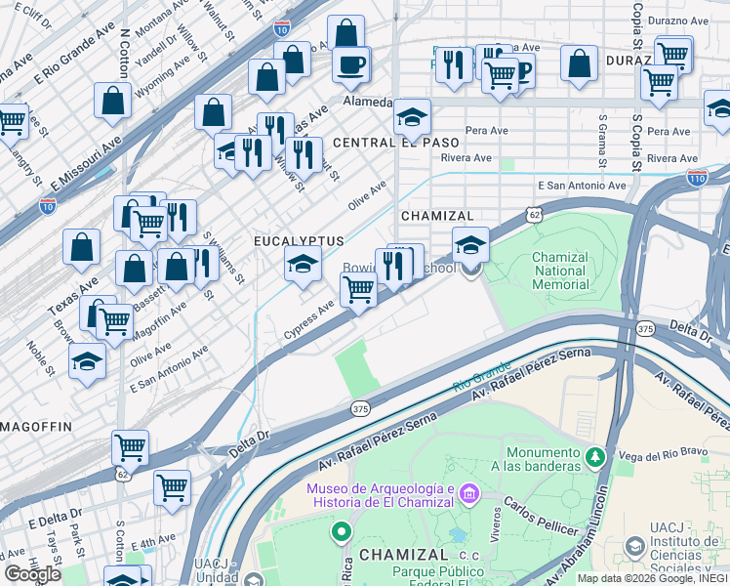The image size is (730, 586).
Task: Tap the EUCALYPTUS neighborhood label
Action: [299, 240]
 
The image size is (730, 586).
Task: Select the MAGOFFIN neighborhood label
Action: [36, 427]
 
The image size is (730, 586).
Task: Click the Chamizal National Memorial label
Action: [560, 272]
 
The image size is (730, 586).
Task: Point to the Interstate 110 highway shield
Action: [696, 179]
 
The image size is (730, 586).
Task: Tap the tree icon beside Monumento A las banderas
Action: [595, 456]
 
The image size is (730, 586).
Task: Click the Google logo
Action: [32, 574]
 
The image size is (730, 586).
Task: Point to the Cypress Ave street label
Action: [308, 319]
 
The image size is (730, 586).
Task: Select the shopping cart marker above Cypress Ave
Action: [358, 289]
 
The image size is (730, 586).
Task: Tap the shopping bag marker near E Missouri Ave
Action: [113, 100]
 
